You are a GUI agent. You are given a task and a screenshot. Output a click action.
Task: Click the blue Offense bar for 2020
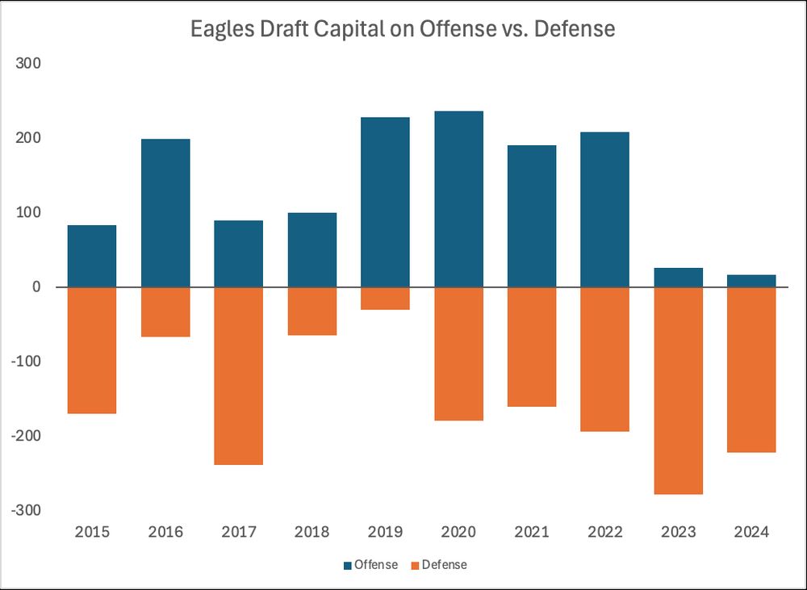click(x=458, y=199)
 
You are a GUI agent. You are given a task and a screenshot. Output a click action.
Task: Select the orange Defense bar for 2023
click(x=679, y=391)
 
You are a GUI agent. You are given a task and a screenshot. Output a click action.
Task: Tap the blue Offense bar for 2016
click(x=165, y=213)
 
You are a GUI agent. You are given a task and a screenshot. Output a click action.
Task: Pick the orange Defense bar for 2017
click(x=239, y=376)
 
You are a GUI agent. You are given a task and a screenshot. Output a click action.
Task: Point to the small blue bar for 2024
click(x=751, y=281)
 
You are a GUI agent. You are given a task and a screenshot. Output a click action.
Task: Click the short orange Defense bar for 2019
click(x=385, y=299)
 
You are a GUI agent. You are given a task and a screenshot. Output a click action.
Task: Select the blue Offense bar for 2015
click(x=92, y=256)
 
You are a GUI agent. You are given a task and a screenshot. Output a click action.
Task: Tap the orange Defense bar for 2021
click(x=532, y=347)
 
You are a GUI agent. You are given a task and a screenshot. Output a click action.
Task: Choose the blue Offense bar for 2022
click(x=605, y=210)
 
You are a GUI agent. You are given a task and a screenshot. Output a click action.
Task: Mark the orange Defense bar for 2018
click(x=312, y=312)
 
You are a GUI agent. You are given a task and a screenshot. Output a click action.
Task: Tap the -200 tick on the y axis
click(x=28, y=436)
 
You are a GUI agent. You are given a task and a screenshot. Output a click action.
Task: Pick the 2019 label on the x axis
click(x=385, y=533)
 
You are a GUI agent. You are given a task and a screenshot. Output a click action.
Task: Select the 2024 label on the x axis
click(x=751, y=533)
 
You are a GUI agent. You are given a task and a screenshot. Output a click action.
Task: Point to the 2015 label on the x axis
click(x=92, y=533)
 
